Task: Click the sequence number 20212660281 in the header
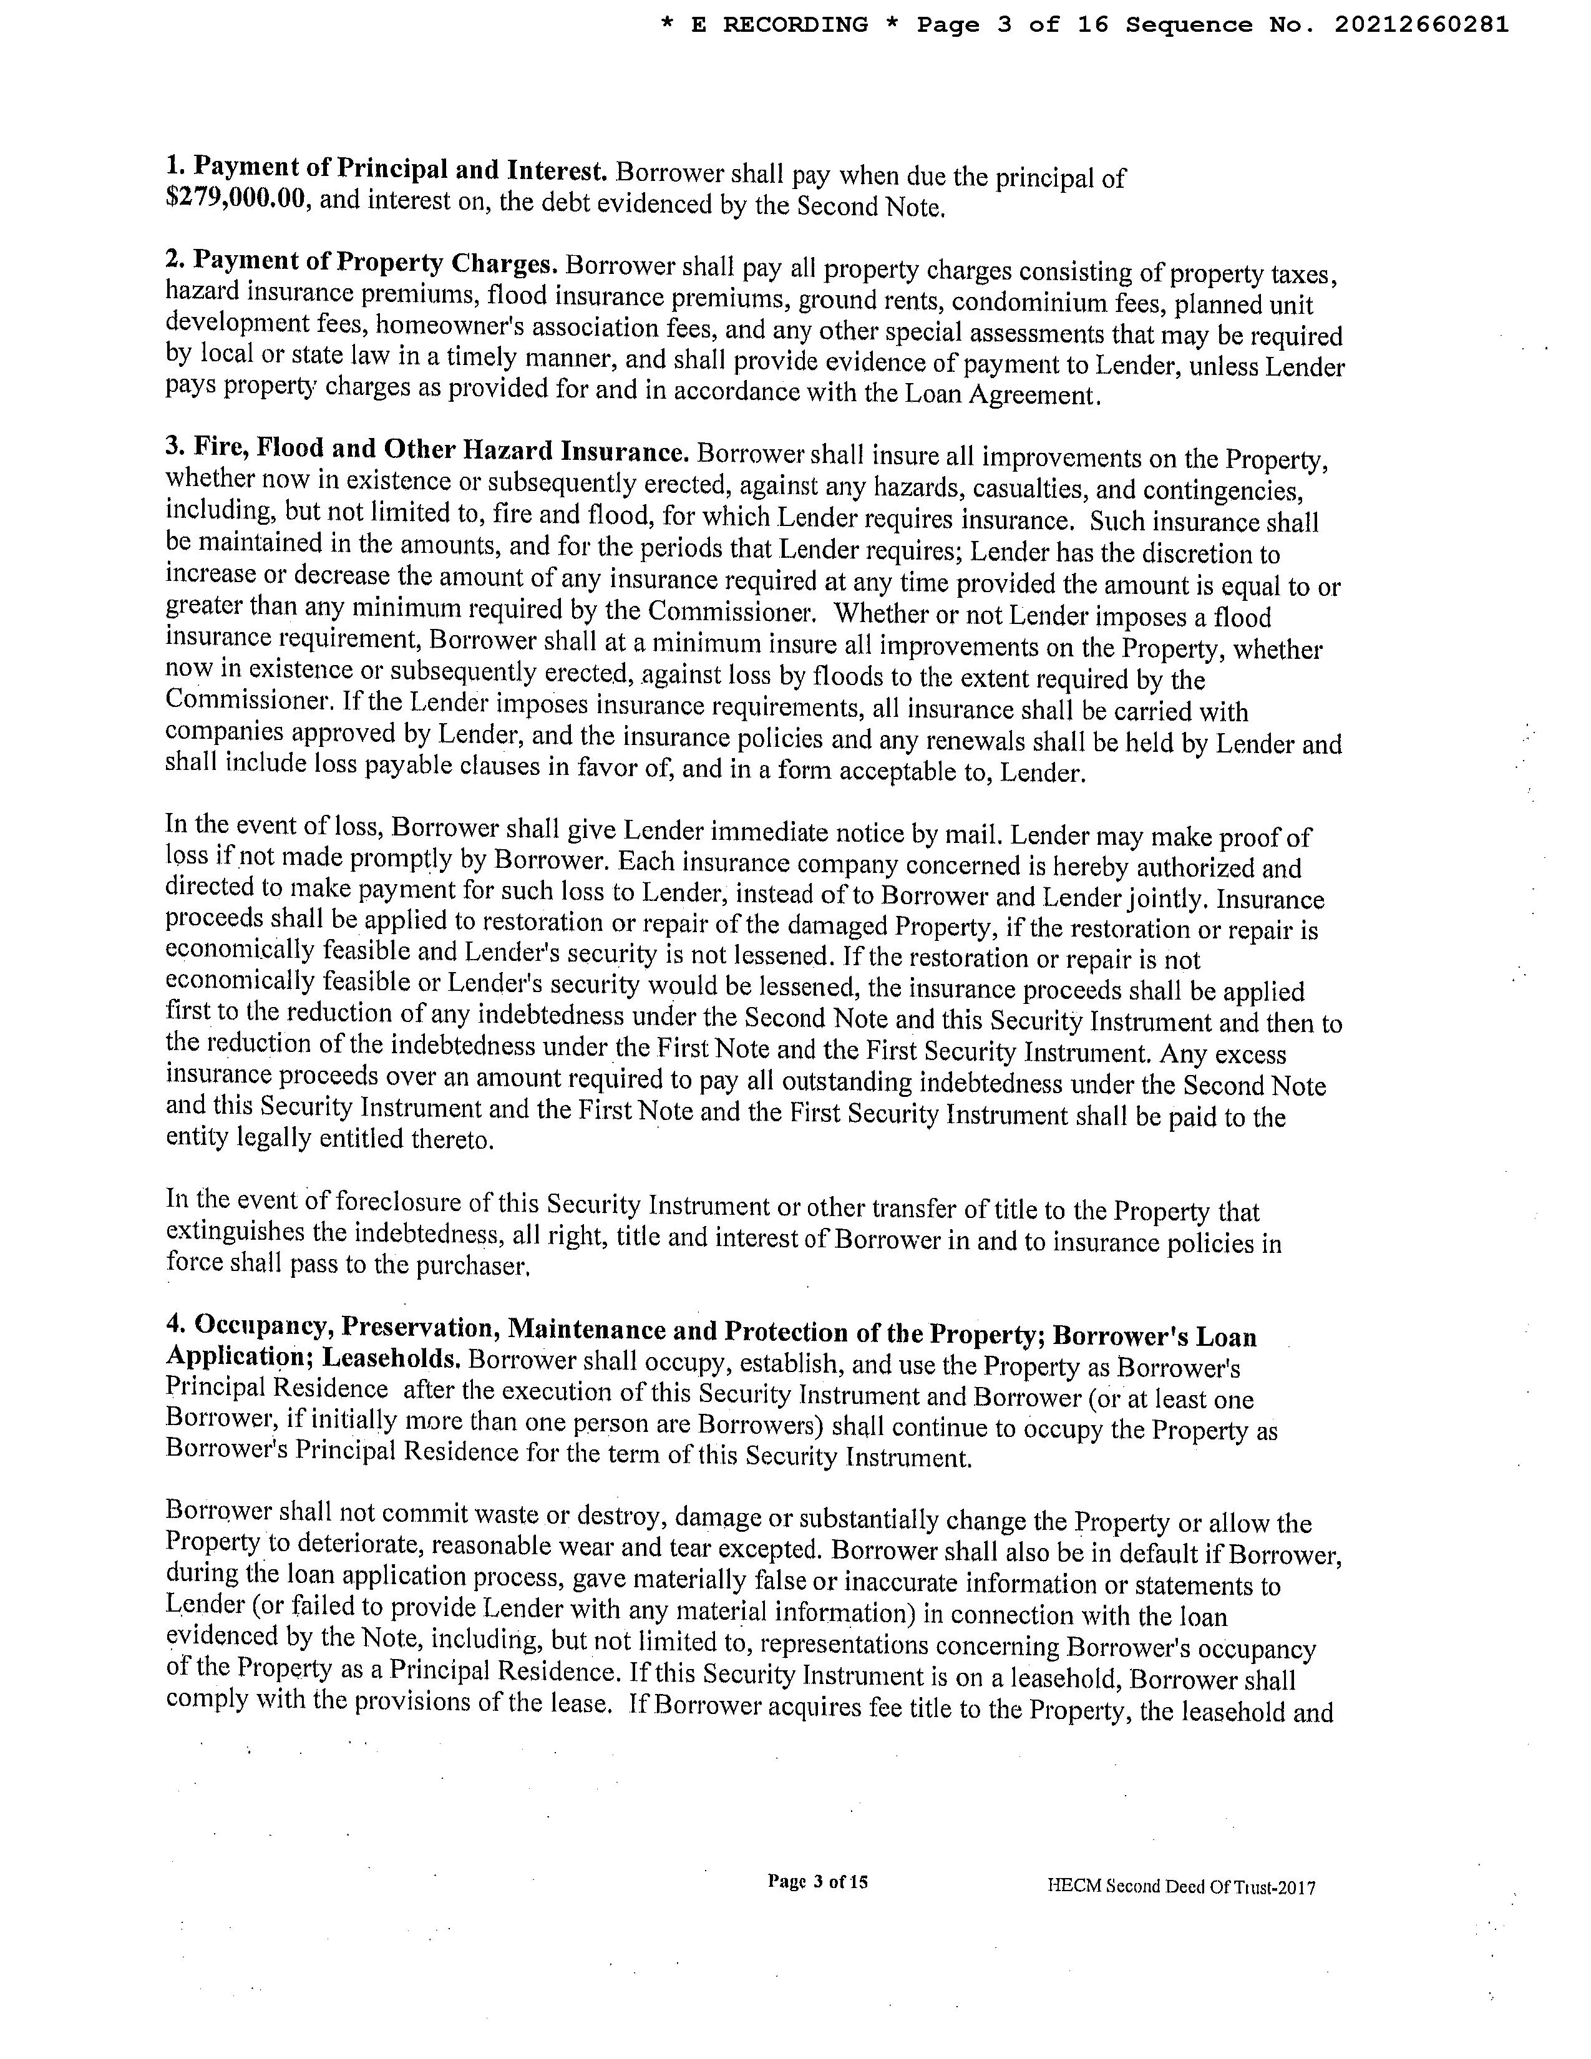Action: coord(1421,26)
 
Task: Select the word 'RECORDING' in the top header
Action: coord(794,26)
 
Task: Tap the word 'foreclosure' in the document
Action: coord(401,1202)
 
